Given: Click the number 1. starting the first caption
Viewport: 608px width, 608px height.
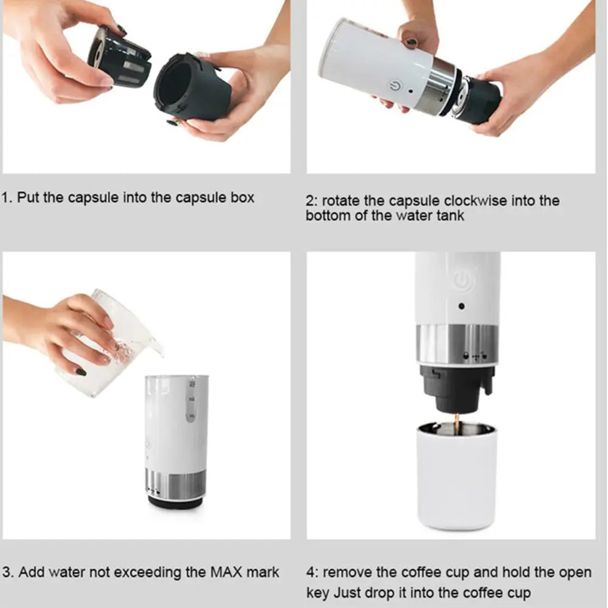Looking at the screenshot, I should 9,198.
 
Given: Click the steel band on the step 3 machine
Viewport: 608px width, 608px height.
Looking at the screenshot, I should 176,484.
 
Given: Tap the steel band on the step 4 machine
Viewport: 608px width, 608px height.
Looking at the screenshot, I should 457,345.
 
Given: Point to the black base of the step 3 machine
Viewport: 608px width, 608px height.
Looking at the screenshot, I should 176,502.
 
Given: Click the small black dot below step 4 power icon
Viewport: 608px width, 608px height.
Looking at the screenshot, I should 461,307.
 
